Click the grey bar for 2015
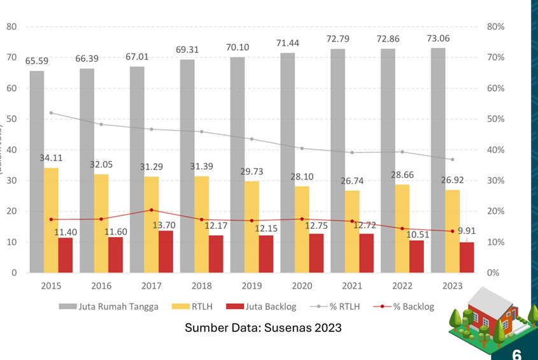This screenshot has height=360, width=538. (x=37, y=171)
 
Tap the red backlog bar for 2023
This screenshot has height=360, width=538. (x=467, y=257)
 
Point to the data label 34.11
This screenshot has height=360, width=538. (x=51, y=158)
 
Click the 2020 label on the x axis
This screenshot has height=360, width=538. (x=301, y=286)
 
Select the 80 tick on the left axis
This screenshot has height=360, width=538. (x=11, y=27)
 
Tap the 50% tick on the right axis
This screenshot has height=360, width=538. (x=495, y=119)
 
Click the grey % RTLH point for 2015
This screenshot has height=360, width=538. (x=51, y=113)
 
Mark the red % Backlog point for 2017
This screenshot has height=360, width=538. (x=151, y=210)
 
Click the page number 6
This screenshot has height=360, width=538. (x=517, y=354)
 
